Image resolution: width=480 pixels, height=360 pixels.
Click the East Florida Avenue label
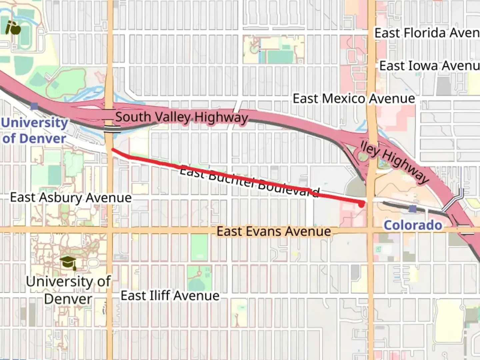pos(427,33)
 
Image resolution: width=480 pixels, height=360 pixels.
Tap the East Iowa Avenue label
pos(429,66)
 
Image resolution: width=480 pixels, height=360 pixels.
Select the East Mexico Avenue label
pos(354,99)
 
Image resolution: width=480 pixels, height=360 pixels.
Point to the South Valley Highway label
pos(182,117)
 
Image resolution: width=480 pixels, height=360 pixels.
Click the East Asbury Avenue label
pos(71,197)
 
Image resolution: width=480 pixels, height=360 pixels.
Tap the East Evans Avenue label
pos(274,231)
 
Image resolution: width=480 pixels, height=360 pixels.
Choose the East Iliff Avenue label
pos(170,295)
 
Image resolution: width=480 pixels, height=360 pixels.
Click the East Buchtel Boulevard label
pos(249,182)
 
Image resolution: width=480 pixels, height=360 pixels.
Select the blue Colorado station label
pos(413,225)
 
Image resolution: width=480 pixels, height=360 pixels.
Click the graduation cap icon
pos(68,262)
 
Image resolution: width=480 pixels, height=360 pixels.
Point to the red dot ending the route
pos(361,204)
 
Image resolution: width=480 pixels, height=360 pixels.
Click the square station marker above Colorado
pos(413,209)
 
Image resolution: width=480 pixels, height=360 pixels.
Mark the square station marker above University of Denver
pos(34,106)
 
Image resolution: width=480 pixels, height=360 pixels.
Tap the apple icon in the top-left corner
pos(13,28)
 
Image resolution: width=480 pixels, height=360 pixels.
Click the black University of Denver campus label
pos(68,290)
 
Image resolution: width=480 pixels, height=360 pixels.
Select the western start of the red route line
pos(113,150)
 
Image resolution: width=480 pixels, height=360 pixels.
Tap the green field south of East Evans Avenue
pos(199,246)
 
